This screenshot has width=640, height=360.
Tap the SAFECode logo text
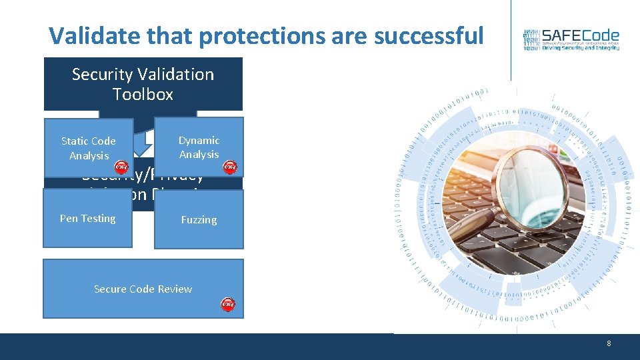click(x=581, y=36)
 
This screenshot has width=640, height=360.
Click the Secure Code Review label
click(x=143, y=289)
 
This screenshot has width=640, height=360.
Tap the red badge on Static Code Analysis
click(x=120, y=167)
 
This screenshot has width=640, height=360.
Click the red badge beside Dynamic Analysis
click(x=229, y=167)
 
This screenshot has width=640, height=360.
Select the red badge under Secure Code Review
click(x=228, y=305)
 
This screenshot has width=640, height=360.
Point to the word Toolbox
click(x=143, y=95)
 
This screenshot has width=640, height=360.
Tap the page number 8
click(x=609, y=343)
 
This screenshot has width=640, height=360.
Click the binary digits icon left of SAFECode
click(x=531, y=40)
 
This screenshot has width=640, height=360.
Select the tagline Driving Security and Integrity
click(x=580, y=48)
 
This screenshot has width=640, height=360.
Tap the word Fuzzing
click(x=199, y=220)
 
